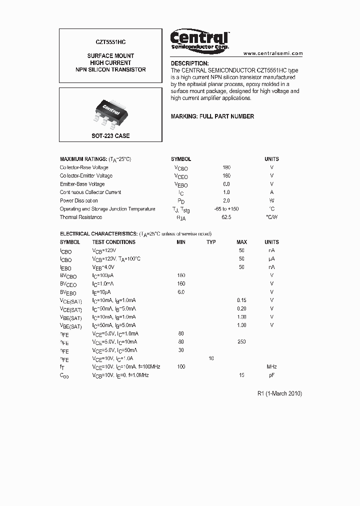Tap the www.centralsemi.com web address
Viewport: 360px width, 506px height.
point(273,53)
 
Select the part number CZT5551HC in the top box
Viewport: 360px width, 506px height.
point(111,44)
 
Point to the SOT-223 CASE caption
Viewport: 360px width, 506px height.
point(110,135)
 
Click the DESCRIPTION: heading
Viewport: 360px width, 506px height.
point(189,63)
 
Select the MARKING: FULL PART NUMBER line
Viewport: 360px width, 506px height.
point(212,116)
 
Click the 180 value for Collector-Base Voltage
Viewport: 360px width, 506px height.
point(226,167)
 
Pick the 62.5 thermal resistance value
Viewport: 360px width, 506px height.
point(226,217)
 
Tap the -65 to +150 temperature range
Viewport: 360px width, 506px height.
point(226,209)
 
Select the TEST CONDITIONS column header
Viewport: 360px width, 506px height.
point(113,242)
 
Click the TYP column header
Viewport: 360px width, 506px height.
point(211,242)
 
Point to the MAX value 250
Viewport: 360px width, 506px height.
point(241,341)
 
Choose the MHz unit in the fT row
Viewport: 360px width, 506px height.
point(271,366)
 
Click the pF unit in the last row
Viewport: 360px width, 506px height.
point(271,375)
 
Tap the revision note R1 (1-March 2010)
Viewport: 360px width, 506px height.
point(279,393)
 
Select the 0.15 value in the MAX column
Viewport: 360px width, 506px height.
point(241,300)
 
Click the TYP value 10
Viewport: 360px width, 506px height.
point(211,358)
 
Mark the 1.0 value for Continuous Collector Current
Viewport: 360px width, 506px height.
point(226,192)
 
